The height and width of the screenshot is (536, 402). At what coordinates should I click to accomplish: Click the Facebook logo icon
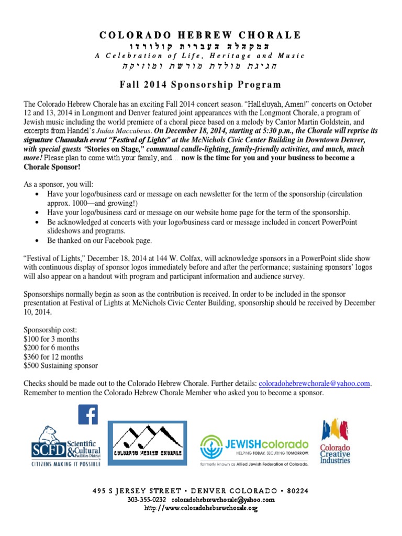(88, 415)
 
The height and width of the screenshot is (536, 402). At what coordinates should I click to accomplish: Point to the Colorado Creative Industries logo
(336, 441)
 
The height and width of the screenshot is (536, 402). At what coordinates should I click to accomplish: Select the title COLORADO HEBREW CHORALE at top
(200, 35)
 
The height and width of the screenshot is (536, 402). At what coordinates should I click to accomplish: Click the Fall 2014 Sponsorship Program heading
(200, 84)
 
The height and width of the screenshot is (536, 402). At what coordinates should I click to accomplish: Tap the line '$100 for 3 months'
(52, 339)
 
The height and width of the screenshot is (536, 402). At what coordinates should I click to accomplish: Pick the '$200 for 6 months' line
(52, 348)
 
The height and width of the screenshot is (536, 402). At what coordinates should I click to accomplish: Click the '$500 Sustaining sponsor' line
(61, 365)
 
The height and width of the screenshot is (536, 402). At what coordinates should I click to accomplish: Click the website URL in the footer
(201, 508)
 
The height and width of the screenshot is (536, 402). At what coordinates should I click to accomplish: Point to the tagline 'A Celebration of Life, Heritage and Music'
(200, 56)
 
